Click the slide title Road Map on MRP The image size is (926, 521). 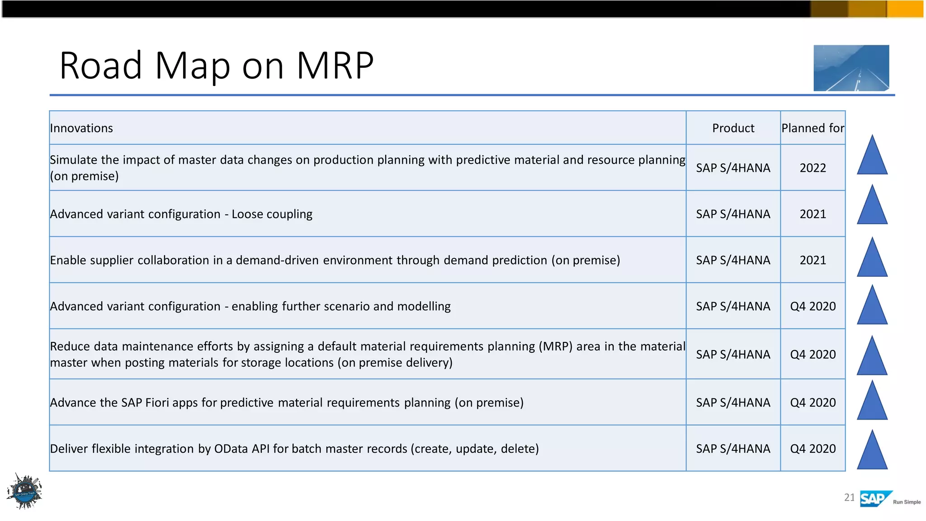216,66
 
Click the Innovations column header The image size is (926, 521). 81,128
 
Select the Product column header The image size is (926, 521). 733,128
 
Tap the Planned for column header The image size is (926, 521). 813,128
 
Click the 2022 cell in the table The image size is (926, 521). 813,168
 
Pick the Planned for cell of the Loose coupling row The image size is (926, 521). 813,214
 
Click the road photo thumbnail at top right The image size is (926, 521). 851,68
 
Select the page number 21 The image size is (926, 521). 849,498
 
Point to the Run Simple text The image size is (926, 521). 907,502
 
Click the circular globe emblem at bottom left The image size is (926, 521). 25,492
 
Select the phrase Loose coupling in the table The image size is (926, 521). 272,214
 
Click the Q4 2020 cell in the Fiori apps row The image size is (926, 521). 813,403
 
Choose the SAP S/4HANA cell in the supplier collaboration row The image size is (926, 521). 733,260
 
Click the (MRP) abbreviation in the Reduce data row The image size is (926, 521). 555,347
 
